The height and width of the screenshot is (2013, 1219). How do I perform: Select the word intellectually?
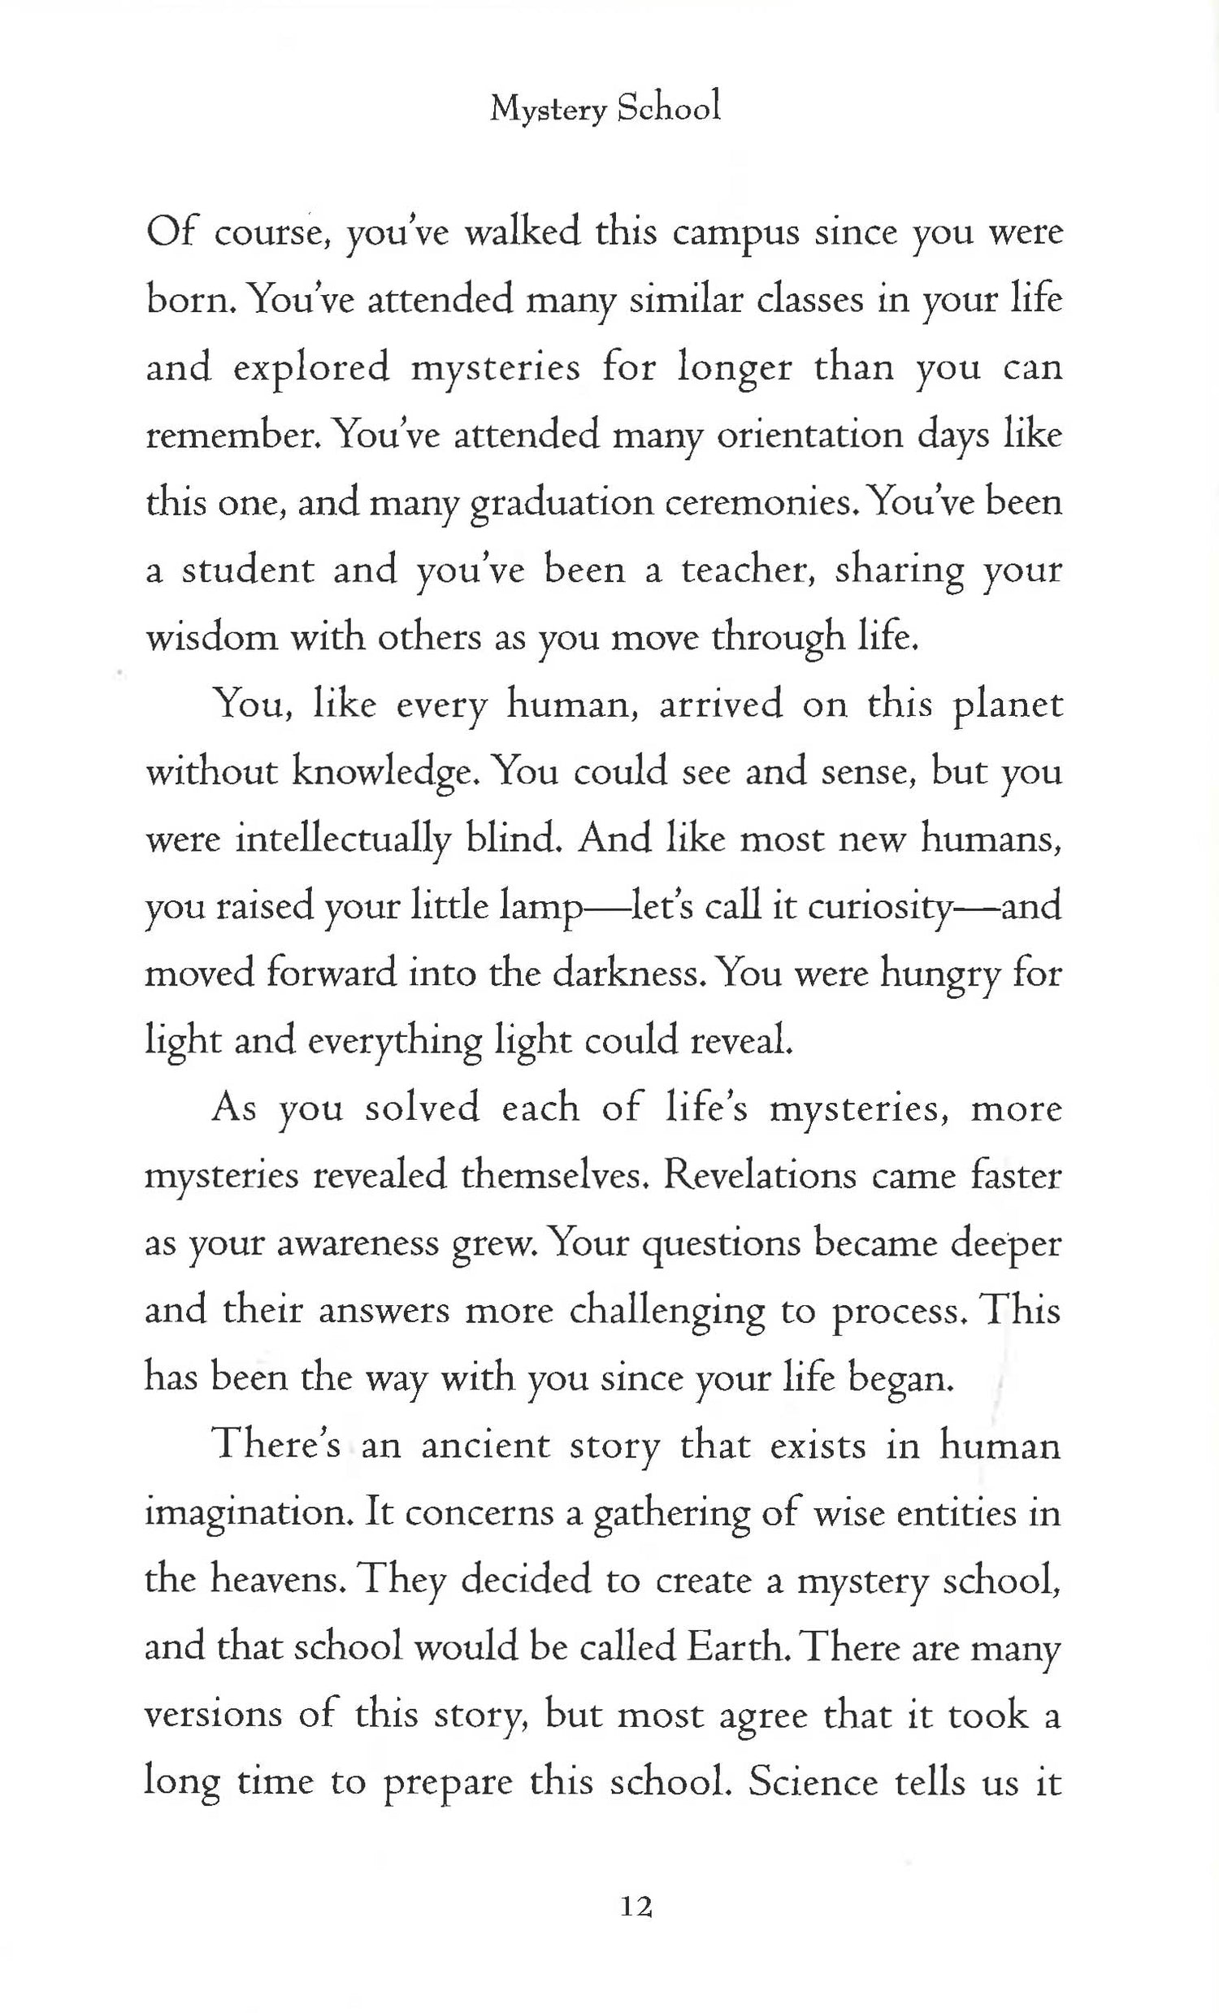tap(342, 839)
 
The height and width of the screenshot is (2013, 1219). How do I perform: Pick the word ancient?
tap(484, 1444)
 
